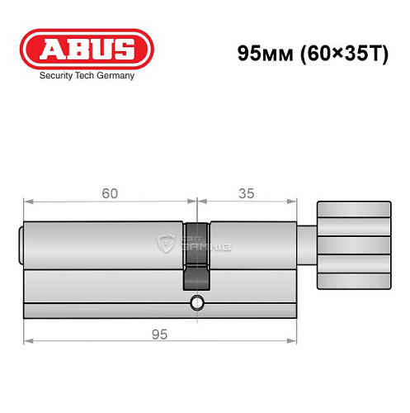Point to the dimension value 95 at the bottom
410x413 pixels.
coord(160,334)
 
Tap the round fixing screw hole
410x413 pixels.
coord(196,301)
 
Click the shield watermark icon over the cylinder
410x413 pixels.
coord(167,242)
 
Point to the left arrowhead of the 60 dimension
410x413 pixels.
coord(26,201)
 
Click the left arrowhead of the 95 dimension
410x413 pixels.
coord(26,340)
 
